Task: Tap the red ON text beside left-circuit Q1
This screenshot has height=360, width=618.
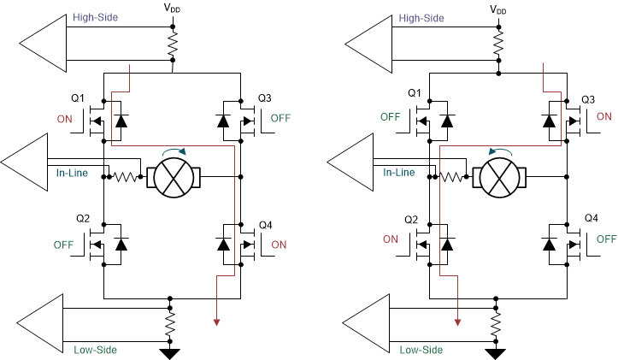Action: click(x=65, y=120)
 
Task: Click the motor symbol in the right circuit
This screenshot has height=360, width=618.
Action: click(x=499, y=178)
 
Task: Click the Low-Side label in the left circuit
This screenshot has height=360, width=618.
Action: click(x=95, y=349)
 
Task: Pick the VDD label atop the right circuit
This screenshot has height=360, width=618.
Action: click(x=497, y=9)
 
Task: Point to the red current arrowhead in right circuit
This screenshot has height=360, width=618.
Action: click(x=459, y=322)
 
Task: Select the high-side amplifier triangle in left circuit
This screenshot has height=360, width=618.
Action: click(x=39, y=41)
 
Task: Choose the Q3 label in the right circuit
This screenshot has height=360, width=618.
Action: click(x=588, y=99)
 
